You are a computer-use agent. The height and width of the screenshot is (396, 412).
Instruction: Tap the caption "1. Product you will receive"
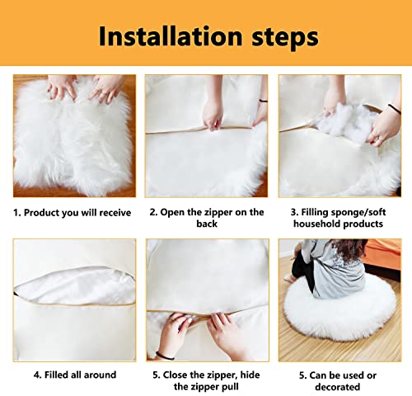73,213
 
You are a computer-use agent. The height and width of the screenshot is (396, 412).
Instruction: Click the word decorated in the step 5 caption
338,387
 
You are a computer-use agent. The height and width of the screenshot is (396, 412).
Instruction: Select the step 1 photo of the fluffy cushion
74,136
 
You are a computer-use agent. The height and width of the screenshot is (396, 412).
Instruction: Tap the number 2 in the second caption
152,213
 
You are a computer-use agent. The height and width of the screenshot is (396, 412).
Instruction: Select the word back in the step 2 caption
206,224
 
